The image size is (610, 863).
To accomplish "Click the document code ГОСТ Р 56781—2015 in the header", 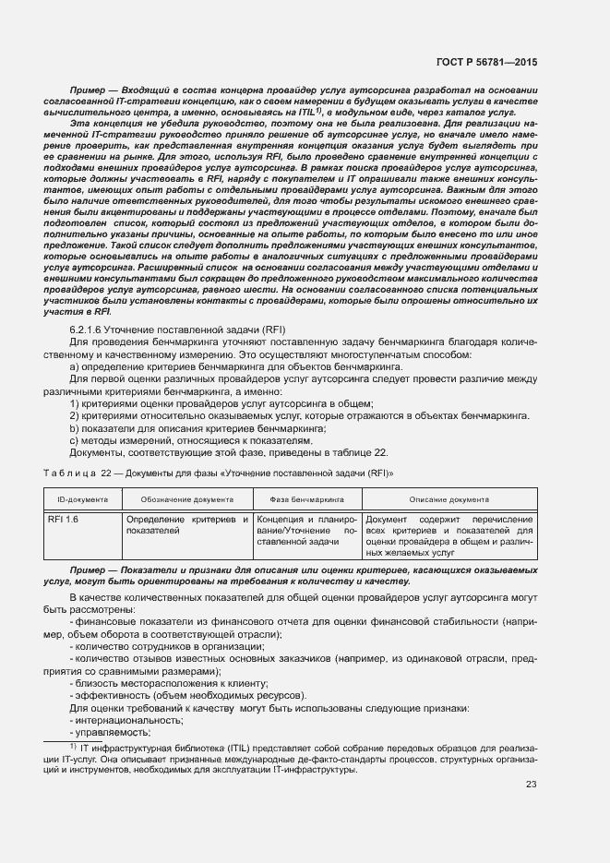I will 487,62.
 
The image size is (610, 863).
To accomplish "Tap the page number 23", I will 531,785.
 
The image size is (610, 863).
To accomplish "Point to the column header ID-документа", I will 83,498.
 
